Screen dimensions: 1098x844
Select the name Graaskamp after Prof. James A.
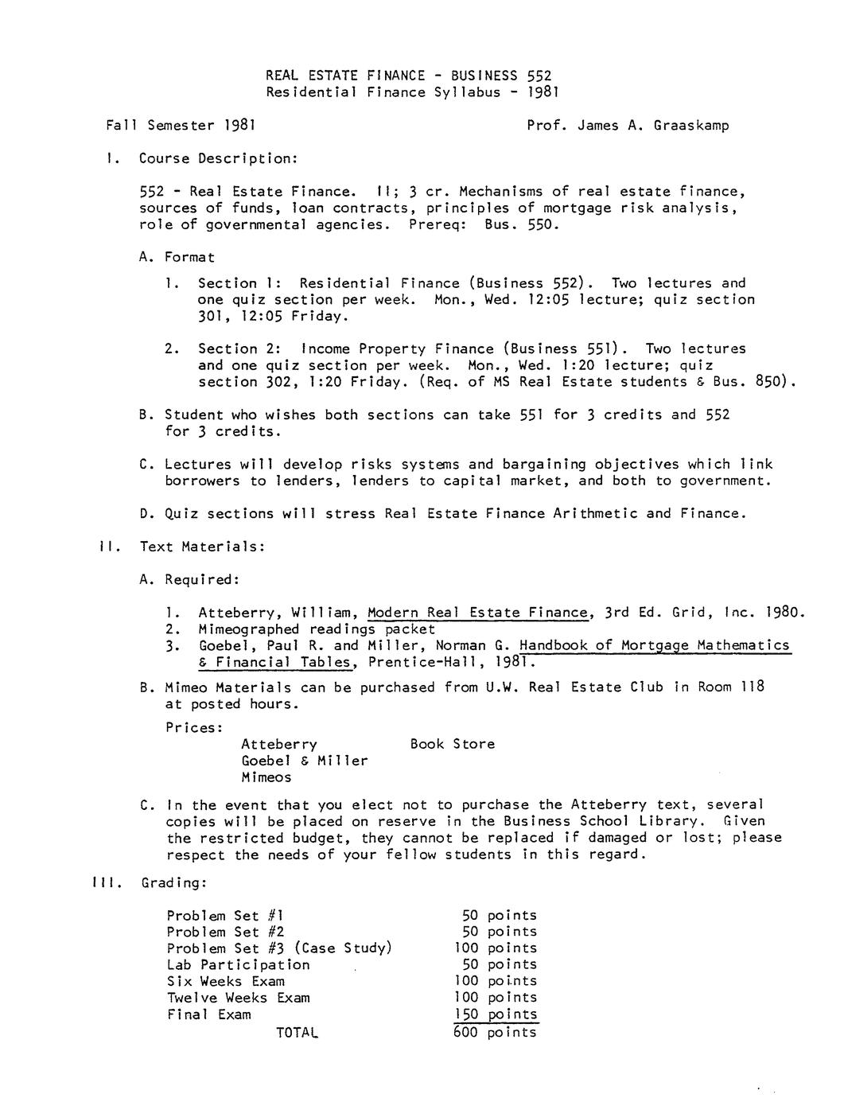pyautogui.click(x=690, y=125)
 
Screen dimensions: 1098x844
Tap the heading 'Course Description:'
pyautogui.click(x=218, y=158)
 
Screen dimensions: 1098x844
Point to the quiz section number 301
pyautogui.click(x=211, y=316)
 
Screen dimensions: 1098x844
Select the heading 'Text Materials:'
pyautogui.click(x=202, y=547)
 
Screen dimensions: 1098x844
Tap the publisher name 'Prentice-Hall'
pyautogui.click(x=427, y=662)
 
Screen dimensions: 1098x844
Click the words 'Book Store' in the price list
pyautogui.click(x=452, y=744)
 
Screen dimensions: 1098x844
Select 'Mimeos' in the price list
pyautogui.click(x=266, y=777)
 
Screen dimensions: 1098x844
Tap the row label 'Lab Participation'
pyautogui.click(x=238, y=964)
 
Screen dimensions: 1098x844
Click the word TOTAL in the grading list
pyautogui.click(x=297, y=1032)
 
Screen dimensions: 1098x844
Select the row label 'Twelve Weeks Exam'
pyautogui.click(x=238, y=998)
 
